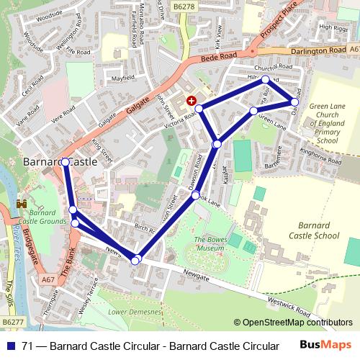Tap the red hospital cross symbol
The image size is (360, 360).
coord(191,101)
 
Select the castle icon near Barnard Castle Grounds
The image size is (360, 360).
coord(22,204)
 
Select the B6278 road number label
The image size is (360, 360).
coord(204,6)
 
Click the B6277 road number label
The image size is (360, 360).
coord(12,322)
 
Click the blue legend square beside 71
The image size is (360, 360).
coord(8,346)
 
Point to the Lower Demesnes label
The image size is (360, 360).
coord(134,312)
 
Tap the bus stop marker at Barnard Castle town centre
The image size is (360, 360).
coord(66,162)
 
